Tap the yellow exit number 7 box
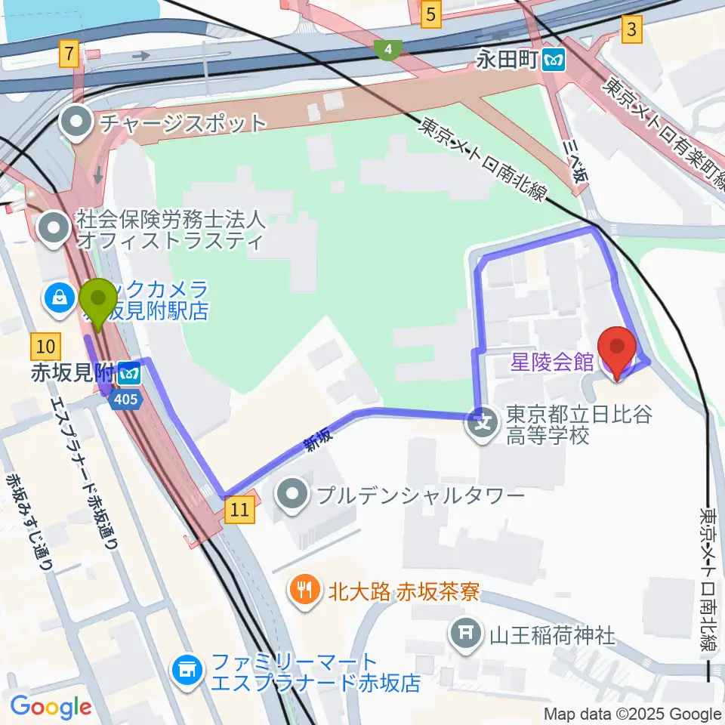(x=69, y=54)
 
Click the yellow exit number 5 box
(x=430, y=14)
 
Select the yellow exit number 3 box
(x=631, y=30)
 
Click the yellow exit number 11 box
(x=239, y=511)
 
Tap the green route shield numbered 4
(x=387, y=51)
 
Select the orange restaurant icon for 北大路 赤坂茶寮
(x=305, y=590)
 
